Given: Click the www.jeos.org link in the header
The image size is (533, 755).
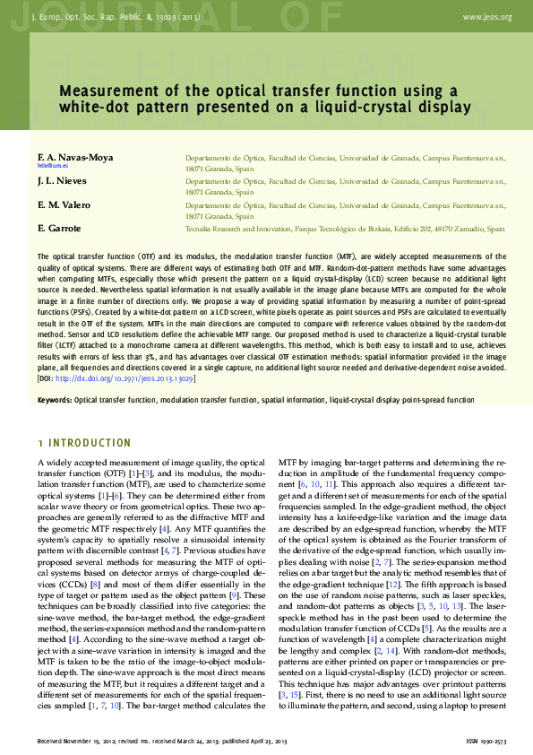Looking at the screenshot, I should pyautogui.click(x=487, y=17).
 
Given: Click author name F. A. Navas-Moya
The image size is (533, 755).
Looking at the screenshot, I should pyautogui.click(x=75, y=157).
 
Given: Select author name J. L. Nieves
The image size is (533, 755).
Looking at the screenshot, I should pyautogui.click(x=61, y=181).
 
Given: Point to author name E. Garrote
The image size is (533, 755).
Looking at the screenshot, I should pyautogui.click(x=59, y=229).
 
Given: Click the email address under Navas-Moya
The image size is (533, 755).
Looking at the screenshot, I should pyautogui.click(x=53, y=167).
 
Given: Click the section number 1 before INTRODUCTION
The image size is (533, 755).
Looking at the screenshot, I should pyautogui.click(x=40, y=443).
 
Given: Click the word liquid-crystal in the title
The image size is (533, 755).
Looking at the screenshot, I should pyautogui.click(x=347, y=107).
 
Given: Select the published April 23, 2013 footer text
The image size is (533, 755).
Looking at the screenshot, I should pyautogui.click(x=247, y=742).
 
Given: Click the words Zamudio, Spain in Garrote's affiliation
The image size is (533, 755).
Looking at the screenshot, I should pyautogui.click(x=478, y=229).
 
